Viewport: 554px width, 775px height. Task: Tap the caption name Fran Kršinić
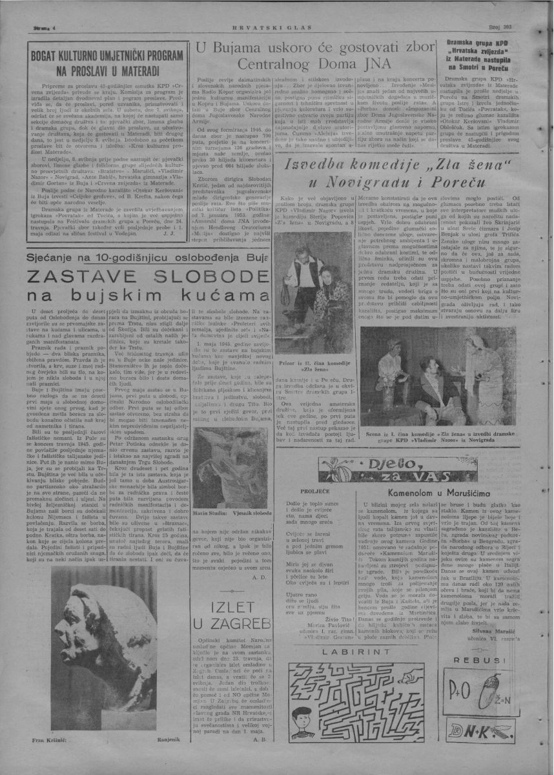(40, 738)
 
